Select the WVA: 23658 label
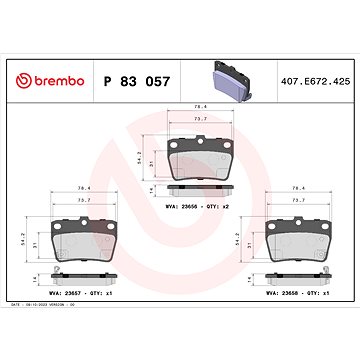[283, 295]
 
